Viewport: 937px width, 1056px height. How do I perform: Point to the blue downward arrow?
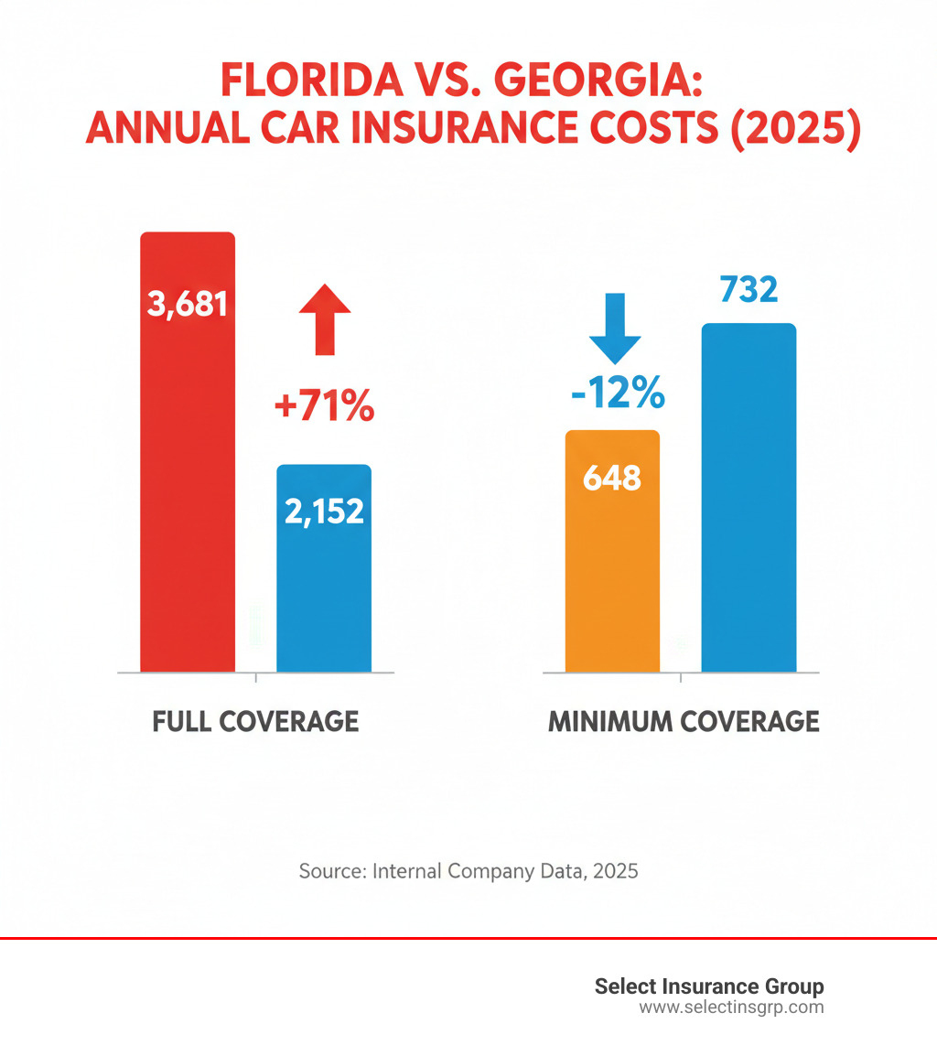tap(615, 328)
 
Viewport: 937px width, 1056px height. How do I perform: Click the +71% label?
tap(324, 406)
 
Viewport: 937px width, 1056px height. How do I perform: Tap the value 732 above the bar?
tap(749, 289)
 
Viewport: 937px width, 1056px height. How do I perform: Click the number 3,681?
tap(188, 303)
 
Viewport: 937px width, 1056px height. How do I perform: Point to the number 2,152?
tap(324, 512)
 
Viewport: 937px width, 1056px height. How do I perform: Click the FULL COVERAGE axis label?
tap(255, 721)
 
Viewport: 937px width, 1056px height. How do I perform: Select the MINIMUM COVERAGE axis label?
tap(684, 721)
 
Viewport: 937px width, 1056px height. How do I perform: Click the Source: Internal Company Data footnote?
tap(468, 870)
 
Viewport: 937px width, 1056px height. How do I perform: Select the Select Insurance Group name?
tap(709, 986)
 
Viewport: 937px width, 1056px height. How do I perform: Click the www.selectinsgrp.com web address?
tap(730, 1008)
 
